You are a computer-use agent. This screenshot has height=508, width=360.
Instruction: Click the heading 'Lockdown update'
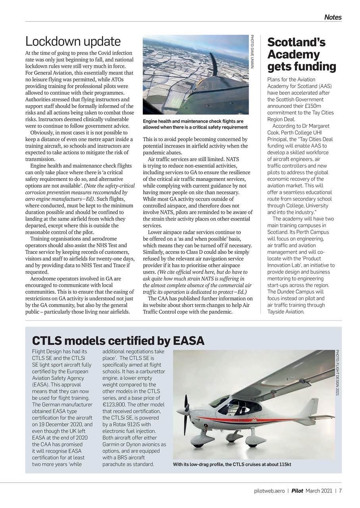(x=73, y=41)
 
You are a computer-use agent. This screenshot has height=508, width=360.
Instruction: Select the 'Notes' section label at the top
(x=333, y=17)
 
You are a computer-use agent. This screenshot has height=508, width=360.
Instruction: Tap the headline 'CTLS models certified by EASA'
(x=118, y=341)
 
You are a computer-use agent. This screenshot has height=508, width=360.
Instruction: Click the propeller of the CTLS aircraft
(x=185, y=413)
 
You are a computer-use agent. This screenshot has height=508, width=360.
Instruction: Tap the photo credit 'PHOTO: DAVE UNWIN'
(x=252, y=52)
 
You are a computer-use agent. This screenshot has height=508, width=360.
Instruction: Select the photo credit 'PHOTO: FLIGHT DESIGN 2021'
(x=337, y=372)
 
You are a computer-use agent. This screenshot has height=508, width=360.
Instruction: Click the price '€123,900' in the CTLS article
(x=116, y=404)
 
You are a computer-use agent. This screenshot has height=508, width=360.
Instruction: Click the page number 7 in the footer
(x=340, y=491)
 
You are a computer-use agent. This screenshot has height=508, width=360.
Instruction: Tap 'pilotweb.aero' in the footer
(x=270, y=491)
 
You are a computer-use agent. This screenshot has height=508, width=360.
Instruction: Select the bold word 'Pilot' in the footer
(x=297, y=491)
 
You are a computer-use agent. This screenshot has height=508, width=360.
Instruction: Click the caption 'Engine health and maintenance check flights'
(x=193, y=121)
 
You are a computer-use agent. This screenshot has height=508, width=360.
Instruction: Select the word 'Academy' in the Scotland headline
(x=293, y=54)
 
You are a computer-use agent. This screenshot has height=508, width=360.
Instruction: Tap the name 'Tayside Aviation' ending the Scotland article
(x=285, y=312)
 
